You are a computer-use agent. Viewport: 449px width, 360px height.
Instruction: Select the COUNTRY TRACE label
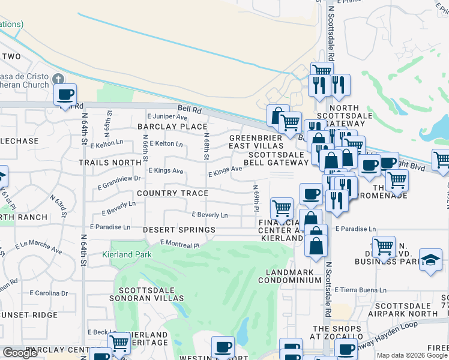point(172,193)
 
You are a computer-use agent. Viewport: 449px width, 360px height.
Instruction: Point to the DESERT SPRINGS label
point(179,230)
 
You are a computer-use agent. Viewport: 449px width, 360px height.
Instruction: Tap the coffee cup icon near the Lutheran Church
point(65,94)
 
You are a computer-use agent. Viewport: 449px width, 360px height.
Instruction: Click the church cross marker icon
point(58,79)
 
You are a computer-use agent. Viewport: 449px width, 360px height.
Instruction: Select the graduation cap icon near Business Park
point(430,260)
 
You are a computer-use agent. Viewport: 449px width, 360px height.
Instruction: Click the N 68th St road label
point(206,147)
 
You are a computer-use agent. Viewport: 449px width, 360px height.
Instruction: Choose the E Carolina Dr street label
point(49,293)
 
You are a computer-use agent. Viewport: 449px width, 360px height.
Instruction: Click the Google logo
point(20,353)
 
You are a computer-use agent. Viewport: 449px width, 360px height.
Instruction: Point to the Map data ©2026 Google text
point(412,355)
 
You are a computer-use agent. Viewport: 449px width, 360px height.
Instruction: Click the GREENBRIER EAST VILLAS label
point(255,142)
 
